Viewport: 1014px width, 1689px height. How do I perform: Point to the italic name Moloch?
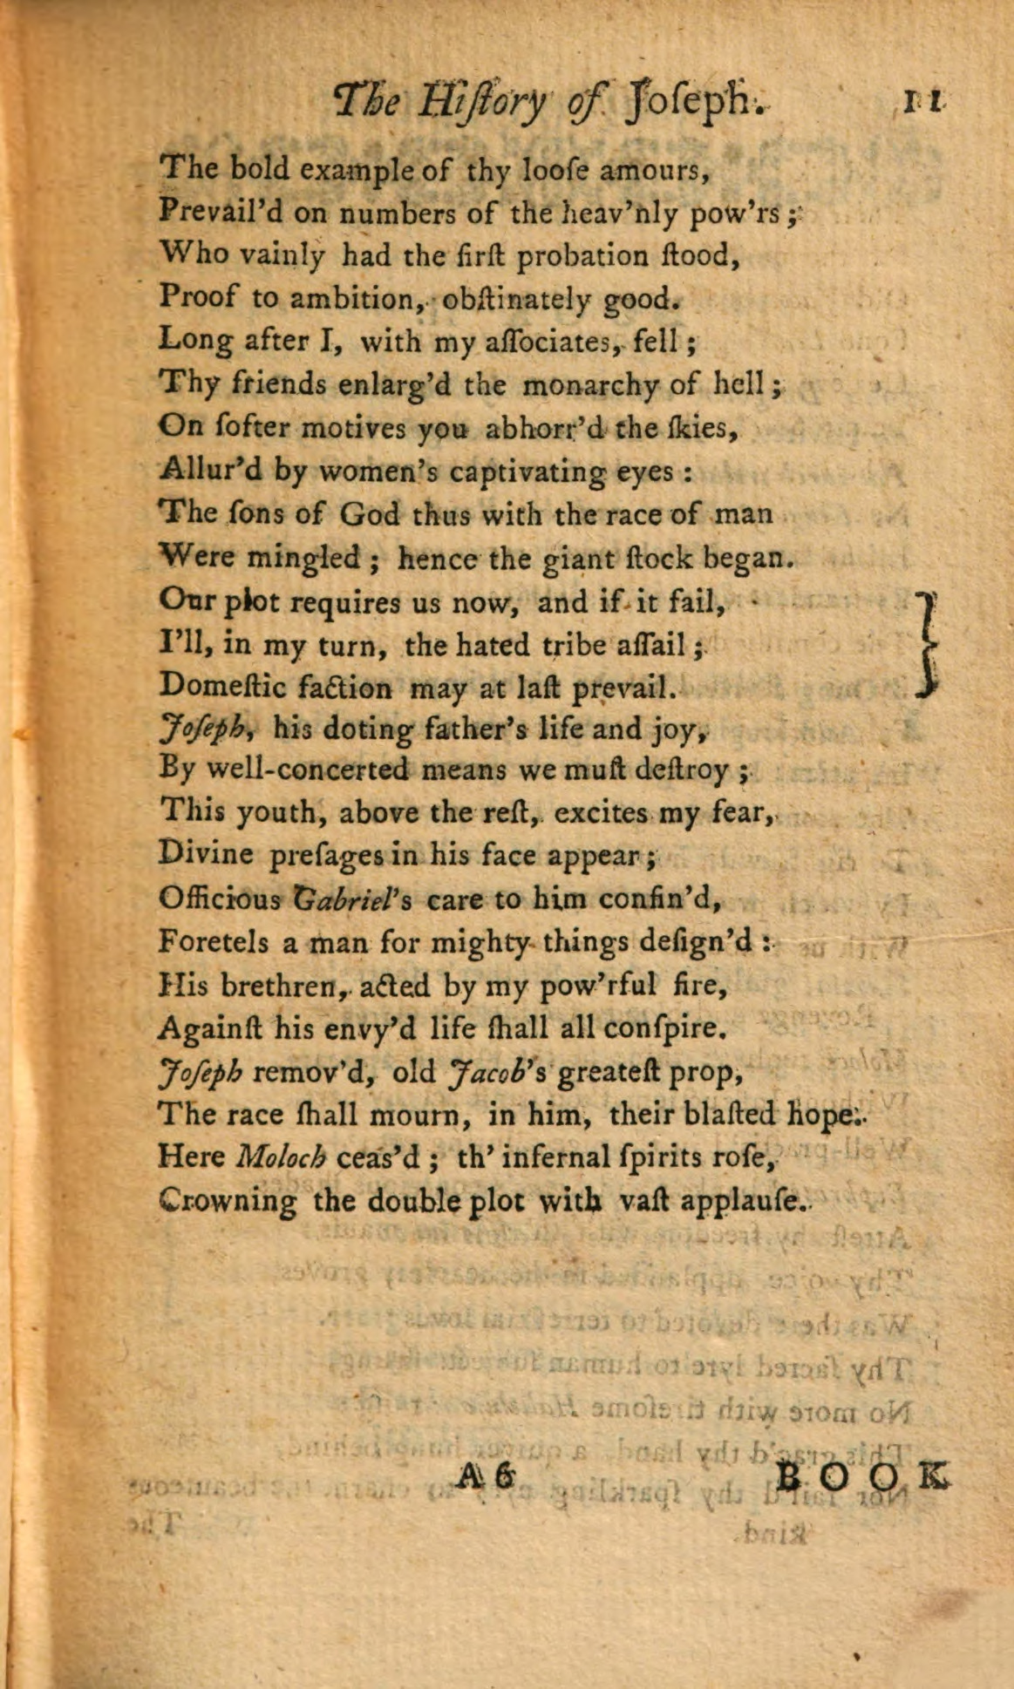pos(282,1157)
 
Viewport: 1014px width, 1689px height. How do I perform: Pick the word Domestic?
pos(222,687)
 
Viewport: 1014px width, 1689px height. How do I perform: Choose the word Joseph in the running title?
pos(697,103)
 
